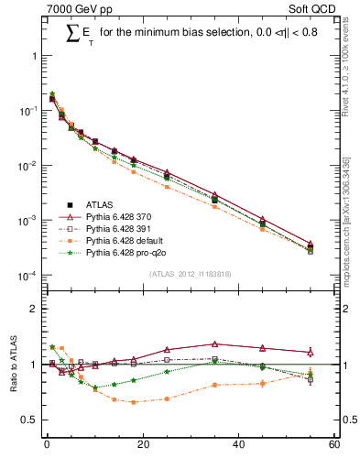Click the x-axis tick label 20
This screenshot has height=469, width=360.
click(142, 445)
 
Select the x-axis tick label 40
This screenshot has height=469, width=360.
click(238, 445)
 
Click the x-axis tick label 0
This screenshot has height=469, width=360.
click(47, 445)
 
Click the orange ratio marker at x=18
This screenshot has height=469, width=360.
click(133, 402)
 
